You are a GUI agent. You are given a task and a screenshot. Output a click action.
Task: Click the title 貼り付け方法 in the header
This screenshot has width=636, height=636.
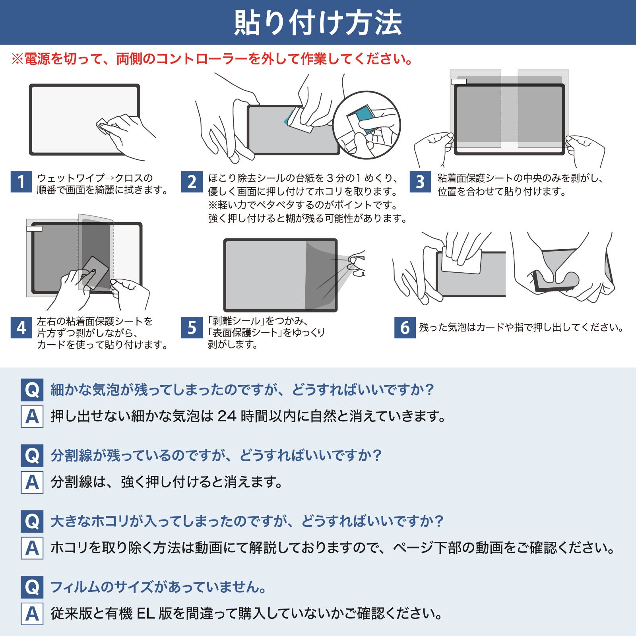318,23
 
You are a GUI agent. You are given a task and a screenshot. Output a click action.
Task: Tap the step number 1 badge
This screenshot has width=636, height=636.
21,182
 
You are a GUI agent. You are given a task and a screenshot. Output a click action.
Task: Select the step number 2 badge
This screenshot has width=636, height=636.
192,182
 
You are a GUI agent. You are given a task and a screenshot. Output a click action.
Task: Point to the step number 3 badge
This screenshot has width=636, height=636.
420,182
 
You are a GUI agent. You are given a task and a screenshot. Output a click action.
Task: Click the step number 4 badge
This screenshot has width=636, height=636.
21,328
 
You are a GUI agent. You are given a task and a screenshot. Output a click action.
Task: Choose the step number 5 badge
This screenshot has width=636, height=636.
192,328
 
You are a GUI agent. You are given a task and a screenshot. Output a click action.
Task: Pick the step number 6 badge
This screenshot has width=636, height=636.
405,328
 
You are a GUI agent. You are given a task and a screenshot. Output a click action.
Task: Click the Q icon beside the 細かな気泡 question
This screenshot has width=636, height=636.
32,390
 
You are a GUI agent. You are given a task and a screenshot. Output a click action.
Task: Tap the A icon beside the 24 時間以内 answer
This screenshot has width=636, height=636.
32,417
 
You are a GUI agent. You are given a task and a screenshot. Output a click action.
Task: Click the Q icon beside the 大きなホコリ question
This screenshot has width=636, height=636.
32,522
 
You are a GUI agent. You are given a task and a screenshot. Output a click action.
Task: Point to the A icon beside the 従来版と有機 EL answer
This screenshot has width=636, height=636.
32,614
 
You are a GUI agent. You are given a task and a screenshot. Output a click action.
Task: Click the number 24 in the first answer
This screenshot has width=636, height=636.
227,416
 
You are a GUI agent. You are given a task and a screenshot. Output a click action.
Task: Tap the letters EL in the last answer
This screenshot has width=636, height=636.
145,613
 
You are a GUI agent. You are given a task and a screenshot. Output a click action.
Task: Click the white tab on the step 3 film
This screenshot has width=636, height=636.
459,81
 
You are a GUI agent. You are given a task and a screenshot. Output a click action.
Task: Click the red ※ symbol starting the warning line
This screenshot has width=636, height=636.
17,59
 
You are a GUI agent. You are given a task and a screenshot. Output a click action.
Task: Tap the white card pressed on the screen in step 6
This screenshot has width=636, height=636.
461,260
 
